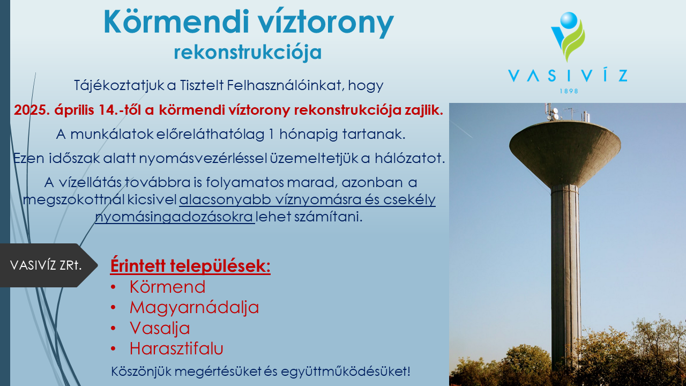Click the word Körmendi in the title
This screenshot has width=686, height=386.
174,22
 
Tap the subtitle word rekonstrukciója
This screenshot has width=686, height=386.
248,53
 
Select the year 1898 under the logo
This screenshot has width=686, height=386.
569,91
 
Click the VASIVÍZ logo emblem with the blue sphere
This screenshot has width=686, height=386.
568,36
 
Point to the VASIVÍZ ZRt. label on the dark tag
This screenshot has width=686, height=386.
46,265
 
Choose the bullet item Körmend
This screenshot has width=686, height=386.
167,287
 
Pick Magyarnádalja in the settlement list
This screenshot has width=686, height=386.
194,308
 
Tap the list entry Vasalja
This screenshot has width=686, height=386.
160,329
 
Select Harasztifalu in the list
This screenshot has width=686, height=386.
176,348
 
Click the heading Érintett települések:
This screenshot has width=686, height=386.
190,265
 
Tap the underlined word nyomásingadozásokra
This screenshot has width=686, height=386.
174,217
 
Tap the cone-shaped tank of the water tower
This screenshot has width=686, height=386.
565,153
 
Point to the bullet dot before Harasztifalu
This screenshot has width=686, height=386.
113,348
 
